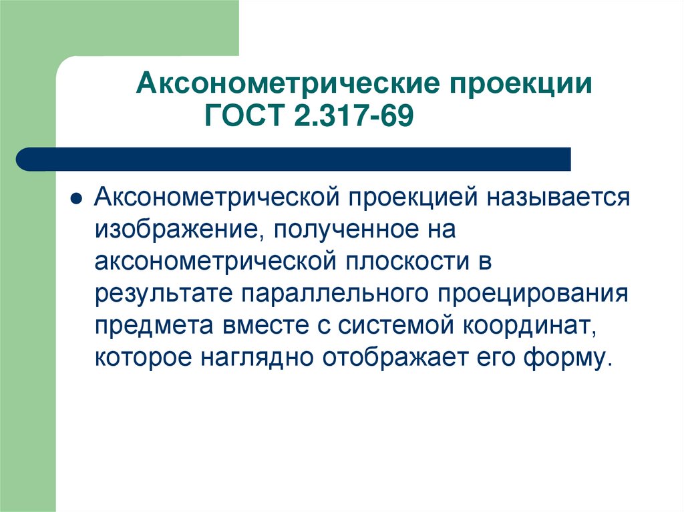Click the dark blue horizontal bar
tap(294, 159)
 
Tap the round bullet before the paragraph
tap(77, 200)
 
